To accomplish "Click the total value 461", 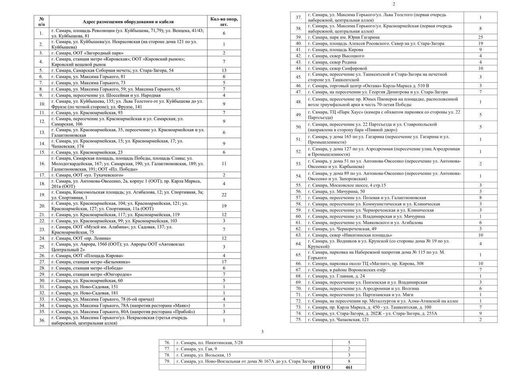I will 349,367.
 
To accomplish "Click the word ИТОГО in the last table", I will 321,367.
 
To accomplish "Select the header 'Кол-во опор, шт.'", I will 224,21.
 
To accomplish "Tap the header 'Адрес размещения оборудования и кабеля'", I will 128,22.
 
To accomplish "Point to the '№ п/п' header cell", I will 41,21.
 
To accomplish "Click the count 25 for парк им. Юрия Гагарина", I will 480,37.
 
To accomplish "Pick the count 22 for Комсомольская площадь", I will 224,195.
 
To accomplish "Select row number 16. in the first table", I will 42,164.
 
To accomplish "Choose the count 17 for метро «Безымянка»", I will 224,262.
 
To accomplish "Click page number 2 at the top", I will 394,4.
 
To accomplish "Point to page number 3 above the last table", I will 262,331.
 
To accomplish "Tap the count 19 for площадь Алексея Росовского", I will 480,43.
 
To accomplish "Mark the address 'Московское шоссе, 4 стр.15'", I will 347,185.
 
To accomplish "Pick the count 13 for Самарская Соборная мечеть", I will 224,70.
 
